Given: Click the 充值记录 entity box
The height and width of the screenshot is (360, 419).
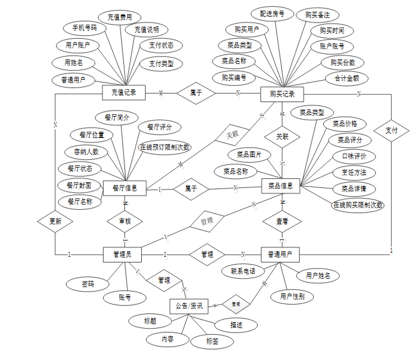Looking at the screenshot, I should click(x=124, y=92).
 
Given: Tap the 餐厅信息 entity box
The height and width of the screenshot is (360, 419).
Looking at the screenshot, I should click(x=124, y=188).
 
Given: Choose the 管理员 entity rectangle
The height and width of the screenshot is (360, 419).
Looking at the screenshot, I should click(x=122, y=254).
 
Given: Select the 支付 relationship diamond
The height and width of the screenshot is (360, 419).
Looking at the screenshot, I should click(x=391, y=131).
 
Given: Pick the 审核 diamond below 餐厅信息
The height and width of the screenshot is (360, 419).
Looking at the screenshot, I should click(x=124, y=221).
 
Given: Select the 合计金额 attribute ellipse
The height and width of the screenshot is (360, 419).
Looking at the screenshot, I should click(x=347, y=79).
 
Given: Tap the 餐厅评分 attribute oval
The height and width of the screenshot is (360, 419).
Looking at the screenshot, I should click(x=159, y=127).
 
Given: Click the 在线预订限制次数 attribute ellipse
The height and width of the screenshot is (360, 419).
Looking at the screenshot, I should click(x=165, y=147).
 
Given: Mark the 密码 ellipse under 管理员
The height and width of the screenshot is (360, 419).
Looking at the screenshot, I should click(x=87, y=284).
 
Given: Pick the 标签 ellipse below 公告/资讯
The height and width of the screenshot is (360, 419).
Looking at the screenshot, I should click(x=212, y=340).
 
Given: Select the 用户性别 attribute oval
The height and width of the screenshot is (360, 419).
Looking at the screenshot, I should click(x=292, y=296).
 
